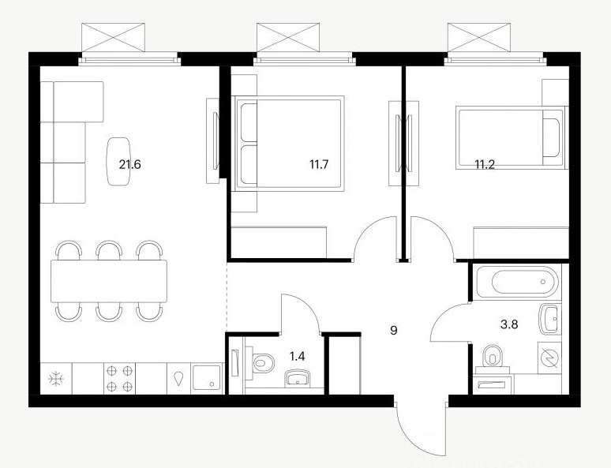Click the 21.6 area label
point(129,164)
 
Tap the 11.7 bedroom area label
point(319,164)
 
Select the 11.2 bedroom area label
point(485,164)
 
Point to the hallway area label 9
point(394,331)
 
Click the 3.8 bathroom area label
point(509,324)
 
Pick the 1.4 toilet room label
point(298,356)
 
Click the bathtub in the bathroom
point(517,282)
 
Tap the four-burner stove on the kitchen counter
point(120,378)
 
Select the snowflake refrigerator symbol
point(56,379)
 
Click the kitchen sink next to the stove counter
point(207,378)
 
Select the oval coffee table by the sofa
point(118,161)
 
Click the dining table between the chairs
point(109,281)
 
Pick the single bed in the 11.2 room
point(511,137)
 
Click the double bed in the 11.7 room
point(288,144)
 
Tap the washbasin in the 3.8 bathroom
point(550,319)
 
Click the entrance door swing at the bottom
point(421,429)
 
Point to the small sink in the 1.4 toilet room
point(298,379)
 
